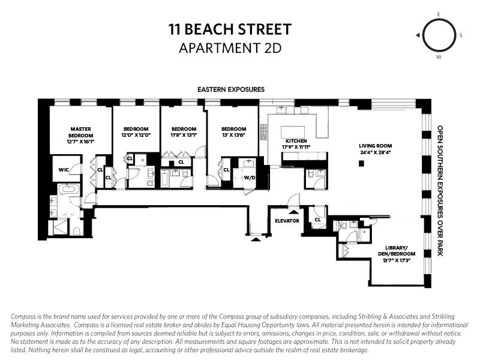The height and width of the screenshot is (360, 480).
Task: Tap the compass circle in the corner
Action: click(x=438, y=35)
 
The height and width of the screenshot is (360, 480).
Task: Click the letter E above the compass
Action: click(x=439, y=13)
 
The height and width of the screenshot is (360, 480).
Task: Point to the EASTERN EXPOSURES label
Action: click(x=231, y=89)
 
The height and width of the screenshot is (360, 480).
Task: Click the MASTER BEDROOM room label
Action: click(x=80, y=132)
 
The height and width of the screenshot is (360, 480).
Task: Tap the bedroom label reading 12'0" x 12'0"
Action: click(x=136, y=132)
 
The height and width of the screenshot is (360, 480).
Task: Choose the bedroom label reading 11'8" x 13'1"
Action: click(x=184, y=132)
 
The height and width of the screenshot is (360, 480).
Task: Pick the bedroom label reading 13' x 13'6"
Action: click(x=233, y=132)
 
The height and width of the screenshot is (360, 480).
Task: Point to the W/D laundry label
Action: click(x=250, y=178)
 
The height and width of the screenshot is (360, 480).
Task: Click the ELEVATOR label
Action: click(x=286, y=220)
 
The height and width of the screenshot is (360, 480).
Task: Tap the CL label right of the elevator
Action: click(x=317, y=220)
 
